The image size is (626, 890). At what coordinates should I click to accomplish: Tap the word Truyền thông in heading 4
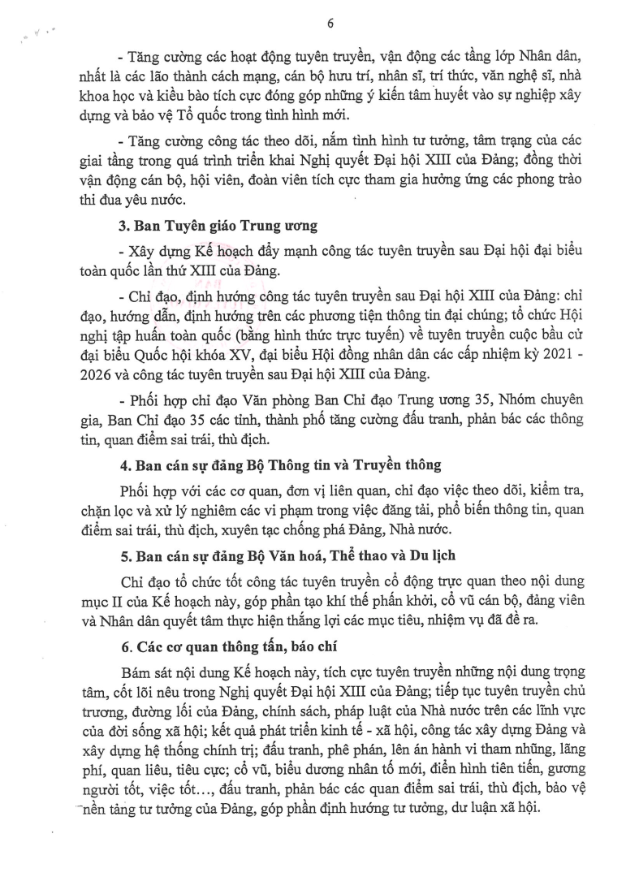tap(403, 465)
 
